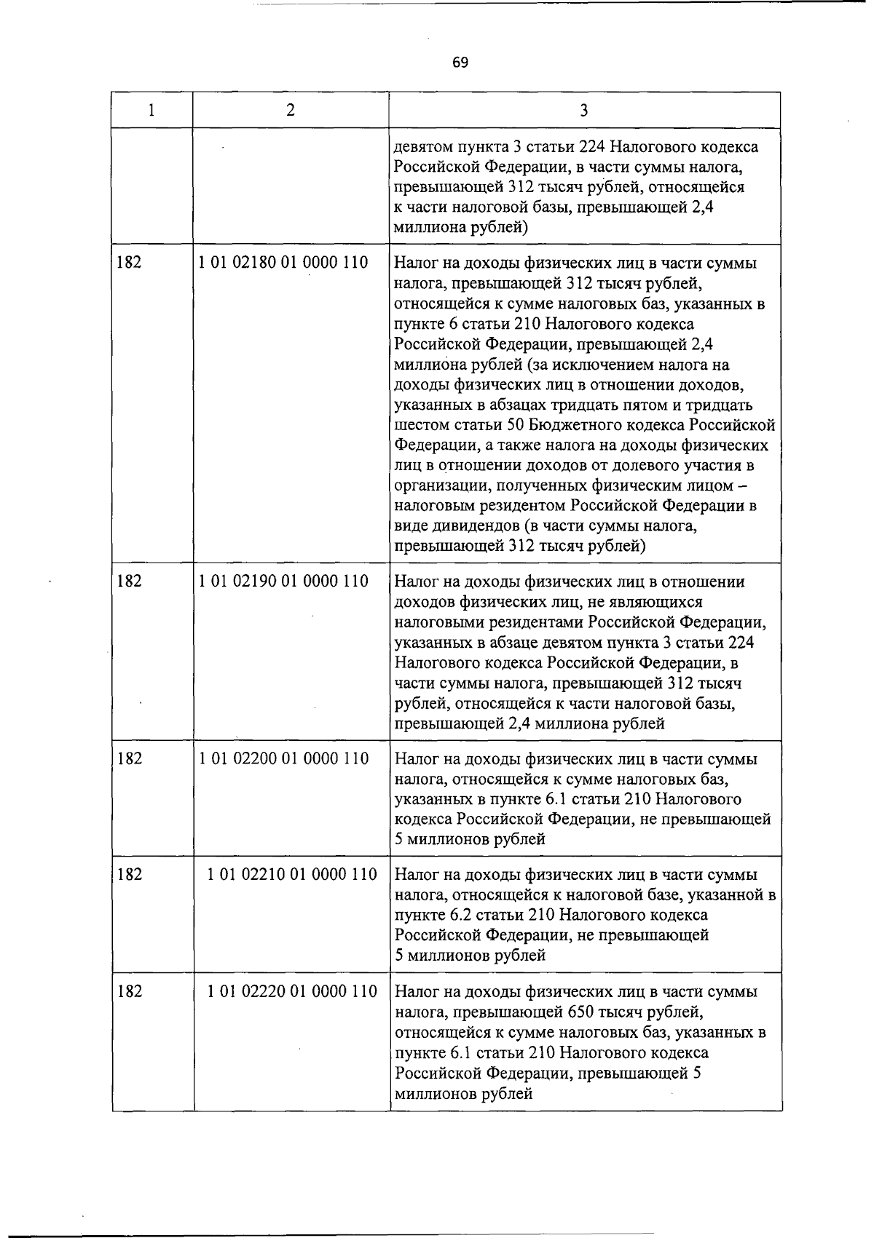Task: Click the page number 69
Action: pyautogui.click(x=460, y=63)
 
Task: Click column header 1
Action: pyautogui.click(x=151, y=110)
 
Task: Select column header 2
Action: pyautogui.click(x=291, y=110)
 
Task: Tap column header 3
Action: pyautogui.click(x=584, y=111)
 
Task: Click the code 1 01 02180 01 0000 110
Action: pyautogui.click(x=283, y=262)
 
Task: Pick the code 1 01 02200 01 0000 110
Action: pyautogui.click(x=283, y=758)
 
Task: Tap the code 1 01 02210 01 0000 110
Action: pyautogui.click(x=292, y=874)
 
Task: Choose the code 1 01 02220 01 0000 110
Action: pyautogui.click(x=292, y=991)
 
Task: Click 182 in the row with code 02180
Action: pyautogui.click(x=129, y=262)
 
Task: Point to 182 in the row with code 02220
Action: pyautogui.click(x=129, y=991)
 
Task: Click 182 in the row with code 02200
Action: pyautogui.click(x=129, y=758)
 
